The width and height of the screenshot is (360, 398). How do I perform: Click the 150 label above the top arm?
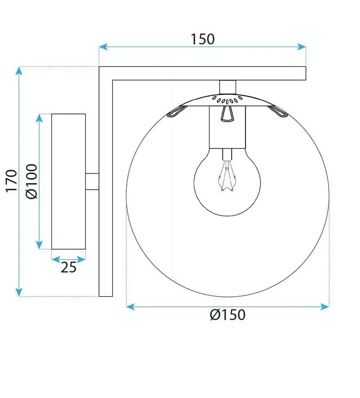tap(202, 39)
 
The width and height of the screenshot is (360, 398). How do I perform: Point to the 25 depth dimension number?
tap(69, 268)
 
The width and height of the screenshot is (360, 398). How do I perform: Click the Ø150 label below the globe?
tap(227, 315)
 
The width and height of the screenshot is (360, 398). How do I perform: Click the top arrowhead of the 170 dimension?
tap(19, 71)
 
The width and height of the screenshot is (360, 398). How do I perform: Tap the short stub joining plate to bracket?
tap(92, 181)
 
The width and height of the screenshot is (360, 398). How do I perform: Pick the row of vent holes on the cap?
tap(227, 100)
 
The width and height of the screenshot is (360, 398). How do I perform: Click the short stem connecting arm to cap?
tap(227, 86)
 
